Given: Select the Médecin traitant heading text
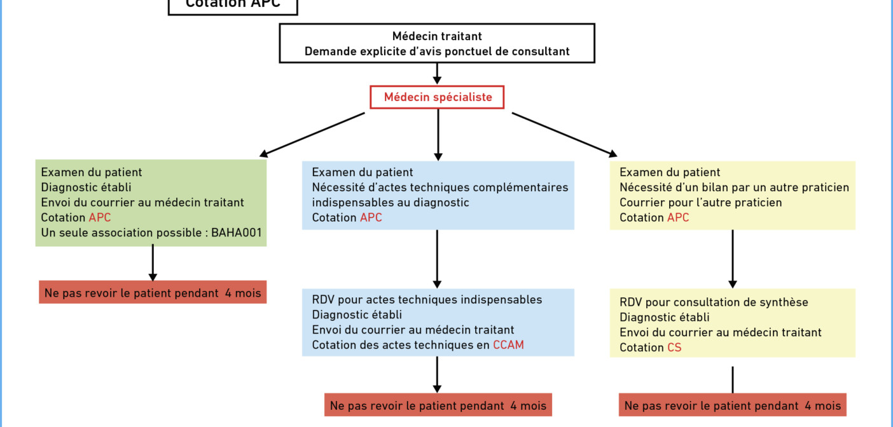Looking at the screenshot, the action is (x=437, y=36).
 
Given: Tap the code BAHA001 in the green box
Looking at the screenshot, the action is (x=237, y=233).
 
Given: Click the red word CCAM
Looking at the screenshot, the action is (x=508, y=345).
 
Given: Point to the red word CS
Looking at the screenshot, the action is (x=674, y=348).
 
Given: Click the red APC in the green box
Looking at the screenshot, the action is (x=100, y=217).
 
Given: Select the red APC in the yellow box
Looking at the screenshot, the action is (x=678, y=217).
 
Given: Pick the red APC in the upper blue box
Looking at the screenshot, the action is (x=371, y=217).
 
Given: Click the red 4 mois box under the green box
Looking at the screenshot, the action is (x=153, y=292).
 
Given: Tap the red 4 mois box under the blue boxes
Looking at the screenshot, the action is (x=438, y=405).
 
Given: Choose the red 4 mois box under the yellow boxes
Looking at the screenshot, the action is (x=732, y=405).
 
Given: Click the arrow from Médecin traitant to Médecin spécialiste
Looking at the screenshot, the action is (x=437, y=74).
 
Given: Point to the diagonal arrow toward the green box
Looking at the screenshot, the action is (x=312, y=135).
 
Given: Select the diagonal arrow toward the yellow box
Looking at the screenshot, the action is (x=565, y=135).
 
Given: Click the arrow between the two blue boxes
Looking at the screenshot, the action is (x=437, y=259).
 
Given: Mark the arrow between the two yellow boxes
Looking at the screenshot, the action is (x=732, y=259).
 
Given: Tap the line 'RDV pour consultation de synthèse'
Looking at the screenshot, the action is (x=714, y=302).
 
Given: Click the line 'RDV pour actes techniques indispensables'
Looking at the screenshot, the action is (x=427, y=299).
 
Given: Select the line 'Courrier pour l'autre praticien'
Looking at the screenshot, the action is (x=700, y=202).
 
